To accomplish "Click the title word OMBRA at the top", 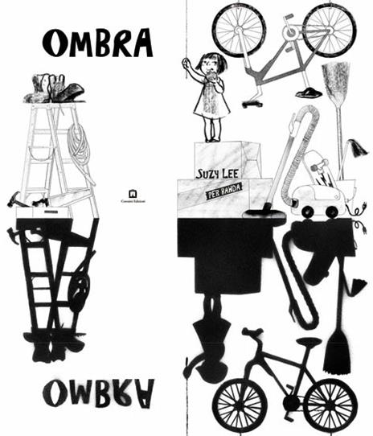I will click(x=97, y=43).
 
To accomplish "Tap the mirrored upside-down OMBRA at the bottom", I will click(x=97, y=393).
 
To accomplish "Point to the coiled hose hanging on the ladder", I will click(x=80, y=149).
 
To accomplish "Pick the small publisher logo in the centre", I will click(x=133, y=194).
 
